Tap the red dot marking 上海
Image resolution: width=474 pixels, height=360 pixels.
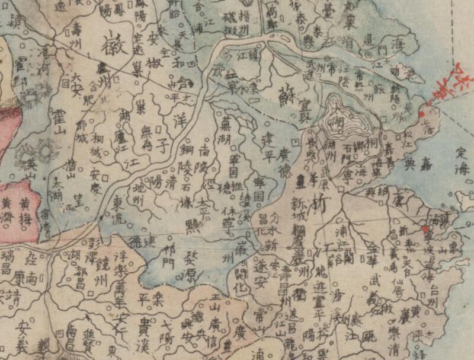[x=421, y=114]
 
